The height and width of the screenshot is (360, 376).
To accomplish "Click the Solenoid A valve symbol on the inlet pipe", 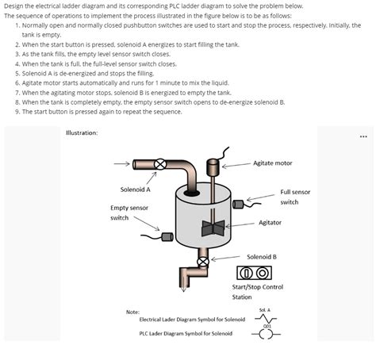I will point(160,164).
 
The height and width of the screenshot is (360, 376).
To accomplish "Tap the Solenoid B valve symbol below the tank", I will point(203,261).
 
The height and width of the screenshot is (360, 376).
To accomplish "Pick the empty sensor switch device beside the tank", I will point(167,236).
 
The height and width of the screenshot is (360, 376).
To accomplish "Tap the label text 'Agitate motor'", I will point(272,163).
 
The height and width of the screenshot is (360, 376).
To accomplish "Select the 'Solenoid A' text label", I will point(136,190).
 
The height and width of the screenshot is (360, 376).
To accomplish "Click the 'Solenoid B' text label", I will point(262,256).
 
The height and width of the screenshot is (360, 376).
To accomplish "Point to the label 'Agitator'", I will point(270,223).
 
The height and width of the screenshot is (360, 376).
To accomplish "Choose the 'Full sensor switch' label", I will point(294,197).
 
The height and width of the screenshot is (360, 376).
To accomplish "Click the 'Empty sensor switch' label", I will point(129,213).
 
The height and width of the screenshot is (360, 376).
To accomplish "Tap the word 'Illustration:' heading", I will point(82,132).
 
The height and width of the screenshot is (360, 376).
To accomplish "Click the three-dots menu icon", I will point(363,136).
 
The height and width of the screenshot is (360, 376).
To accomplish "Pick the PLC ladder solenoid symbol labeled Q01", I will point(266,333).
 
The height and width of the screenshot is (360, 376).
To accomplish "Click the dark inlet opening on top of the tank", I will point(191,192).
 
